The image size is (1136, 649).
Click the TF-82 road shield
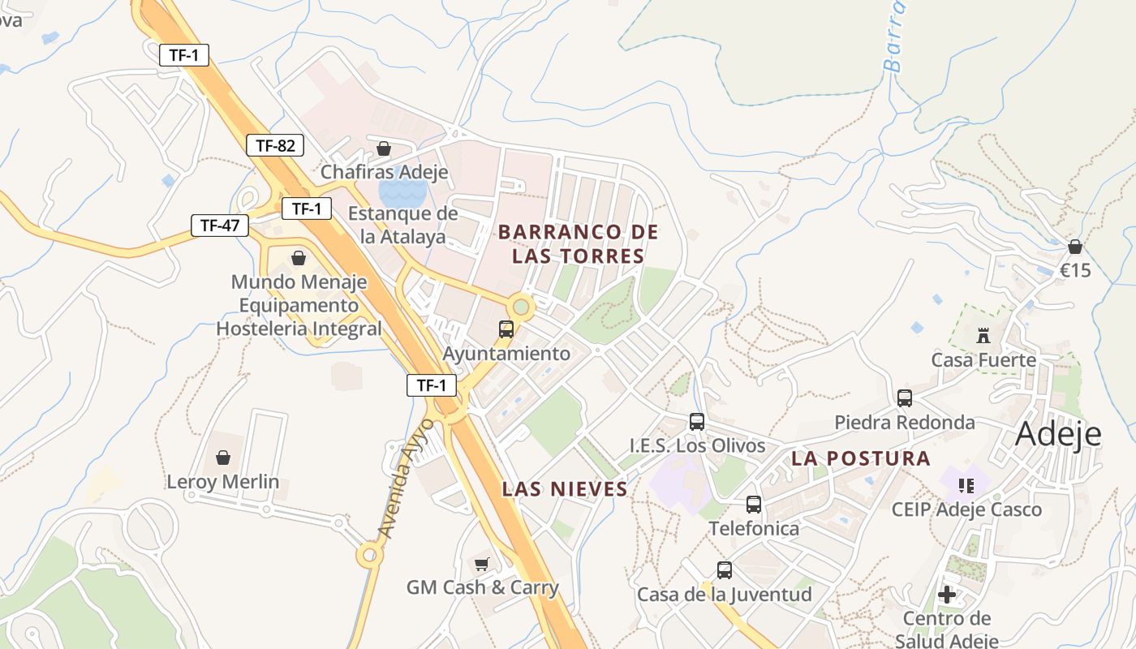click(275, 146)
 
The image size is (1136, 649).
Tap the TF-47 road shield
click(220, 226)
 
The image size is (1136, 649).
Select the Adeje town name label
click(1058, 435)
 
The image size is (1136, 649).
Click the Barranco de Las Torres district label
click(578, 244)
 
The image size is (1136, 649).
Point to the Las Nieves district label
click(565, 489)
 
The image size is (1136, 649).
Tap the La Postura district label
click(861, 458)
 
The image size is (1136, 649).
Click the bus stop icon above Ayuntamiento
click(506, 329)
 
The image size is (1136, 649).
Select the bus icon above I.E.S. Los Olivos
click(697, 422)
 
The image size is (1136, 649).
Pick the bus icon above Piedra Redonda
click(905, 398)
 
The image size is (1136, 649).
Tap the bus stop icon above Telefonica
click(754, 505)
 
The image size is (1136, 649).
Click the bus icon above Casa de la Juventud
click(725, 570)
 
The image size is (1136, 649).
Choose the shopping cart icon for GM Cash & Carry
click(482, 564)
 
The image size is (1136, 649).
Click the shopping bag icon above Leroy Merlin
click(223, 458)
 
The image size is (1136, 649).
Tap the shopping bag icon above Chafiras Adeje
click(384, 148)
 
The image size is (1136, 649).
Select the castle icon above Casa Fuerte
click(984, 335)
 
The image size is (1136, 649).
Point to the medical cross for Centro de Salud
click(947, 595)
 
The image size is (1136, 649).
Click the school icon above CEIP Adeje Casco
click(966, 486)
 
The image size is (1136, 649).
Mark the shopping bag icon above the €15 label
click(1075, 247)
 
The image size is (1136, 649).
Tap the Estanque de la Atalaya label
click(403, 226)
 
